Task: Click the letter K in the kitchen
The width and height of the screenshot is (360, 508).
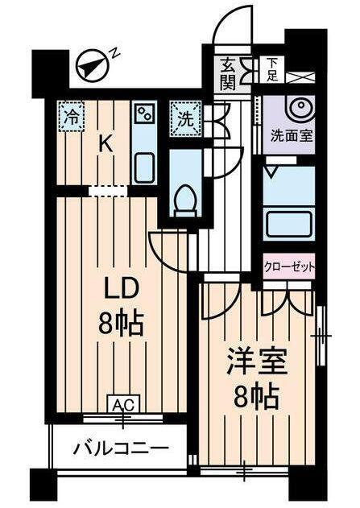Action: tap(105, 144)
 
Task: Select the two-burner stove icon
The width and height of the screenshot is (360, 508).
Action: tap(145, 114)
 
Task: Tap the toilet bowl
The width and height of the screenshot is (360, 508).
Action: tap(186, 197)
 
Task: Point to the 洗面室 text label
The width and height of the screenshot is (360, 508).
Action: tap(288, 137)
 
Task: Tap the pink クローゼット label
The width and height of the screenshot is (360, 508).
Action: tap(288, 266)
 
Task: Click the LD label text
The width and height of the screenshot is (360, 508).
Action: tap(119, 289)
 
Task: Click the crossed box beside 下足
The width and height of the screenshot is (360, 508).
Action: tap(298, 76)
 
